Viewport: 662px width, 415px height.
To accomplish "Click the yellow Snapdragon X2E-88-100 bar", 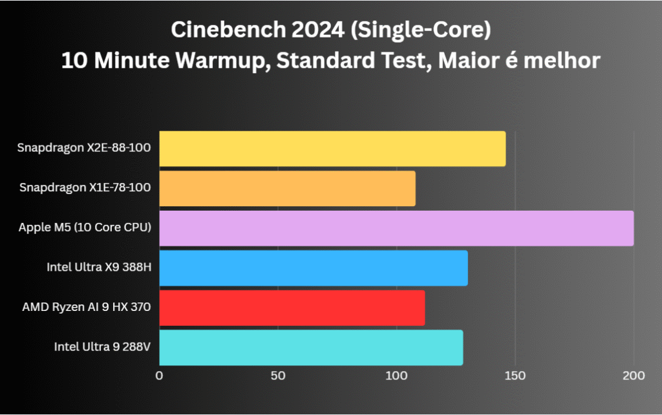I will coord(332,149).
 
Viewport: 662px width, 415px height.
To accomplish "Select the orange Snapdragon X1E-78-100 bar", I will coord(287,188).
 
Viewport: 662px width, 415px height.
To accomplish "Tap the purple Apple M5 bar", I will coord(396,228).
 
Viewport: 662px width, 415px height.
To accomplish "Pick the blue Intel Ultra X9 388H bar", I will coord(314,268).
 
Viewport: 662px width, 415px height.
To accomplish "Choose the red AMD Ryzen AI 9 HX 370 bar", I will coord(292,308).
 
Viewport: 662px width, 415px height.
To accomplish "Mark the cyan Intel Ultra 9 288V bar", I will coord(311,348).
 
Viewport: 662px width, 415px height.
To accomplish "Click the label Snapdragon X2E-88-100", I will coord(84,148).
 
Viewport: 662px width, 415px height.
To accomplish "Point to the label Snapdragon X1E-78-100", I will coord(85,188).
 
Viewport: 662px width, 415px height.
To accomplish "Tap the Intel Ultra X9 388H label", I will coord(98,268).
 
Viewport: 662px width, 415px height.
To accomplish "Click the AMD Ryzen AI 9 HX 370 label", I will coord(86,308).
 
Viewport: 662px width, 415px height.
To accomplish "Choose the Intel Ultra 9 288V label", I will coord(102,348).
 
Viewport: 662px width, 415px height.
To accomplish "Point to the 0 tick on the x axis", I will coord(160,376).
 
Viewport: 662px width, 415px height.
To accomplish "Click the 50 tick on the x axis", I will coord(278,376).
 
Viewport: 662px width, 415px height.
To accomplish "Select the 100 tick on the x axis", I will coord(396,376).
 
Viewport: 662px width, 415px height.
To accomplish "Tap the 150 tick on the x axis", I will coord(515,376).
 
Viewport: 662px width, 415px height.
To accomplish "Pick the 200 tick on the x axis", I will coord(633,376).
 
